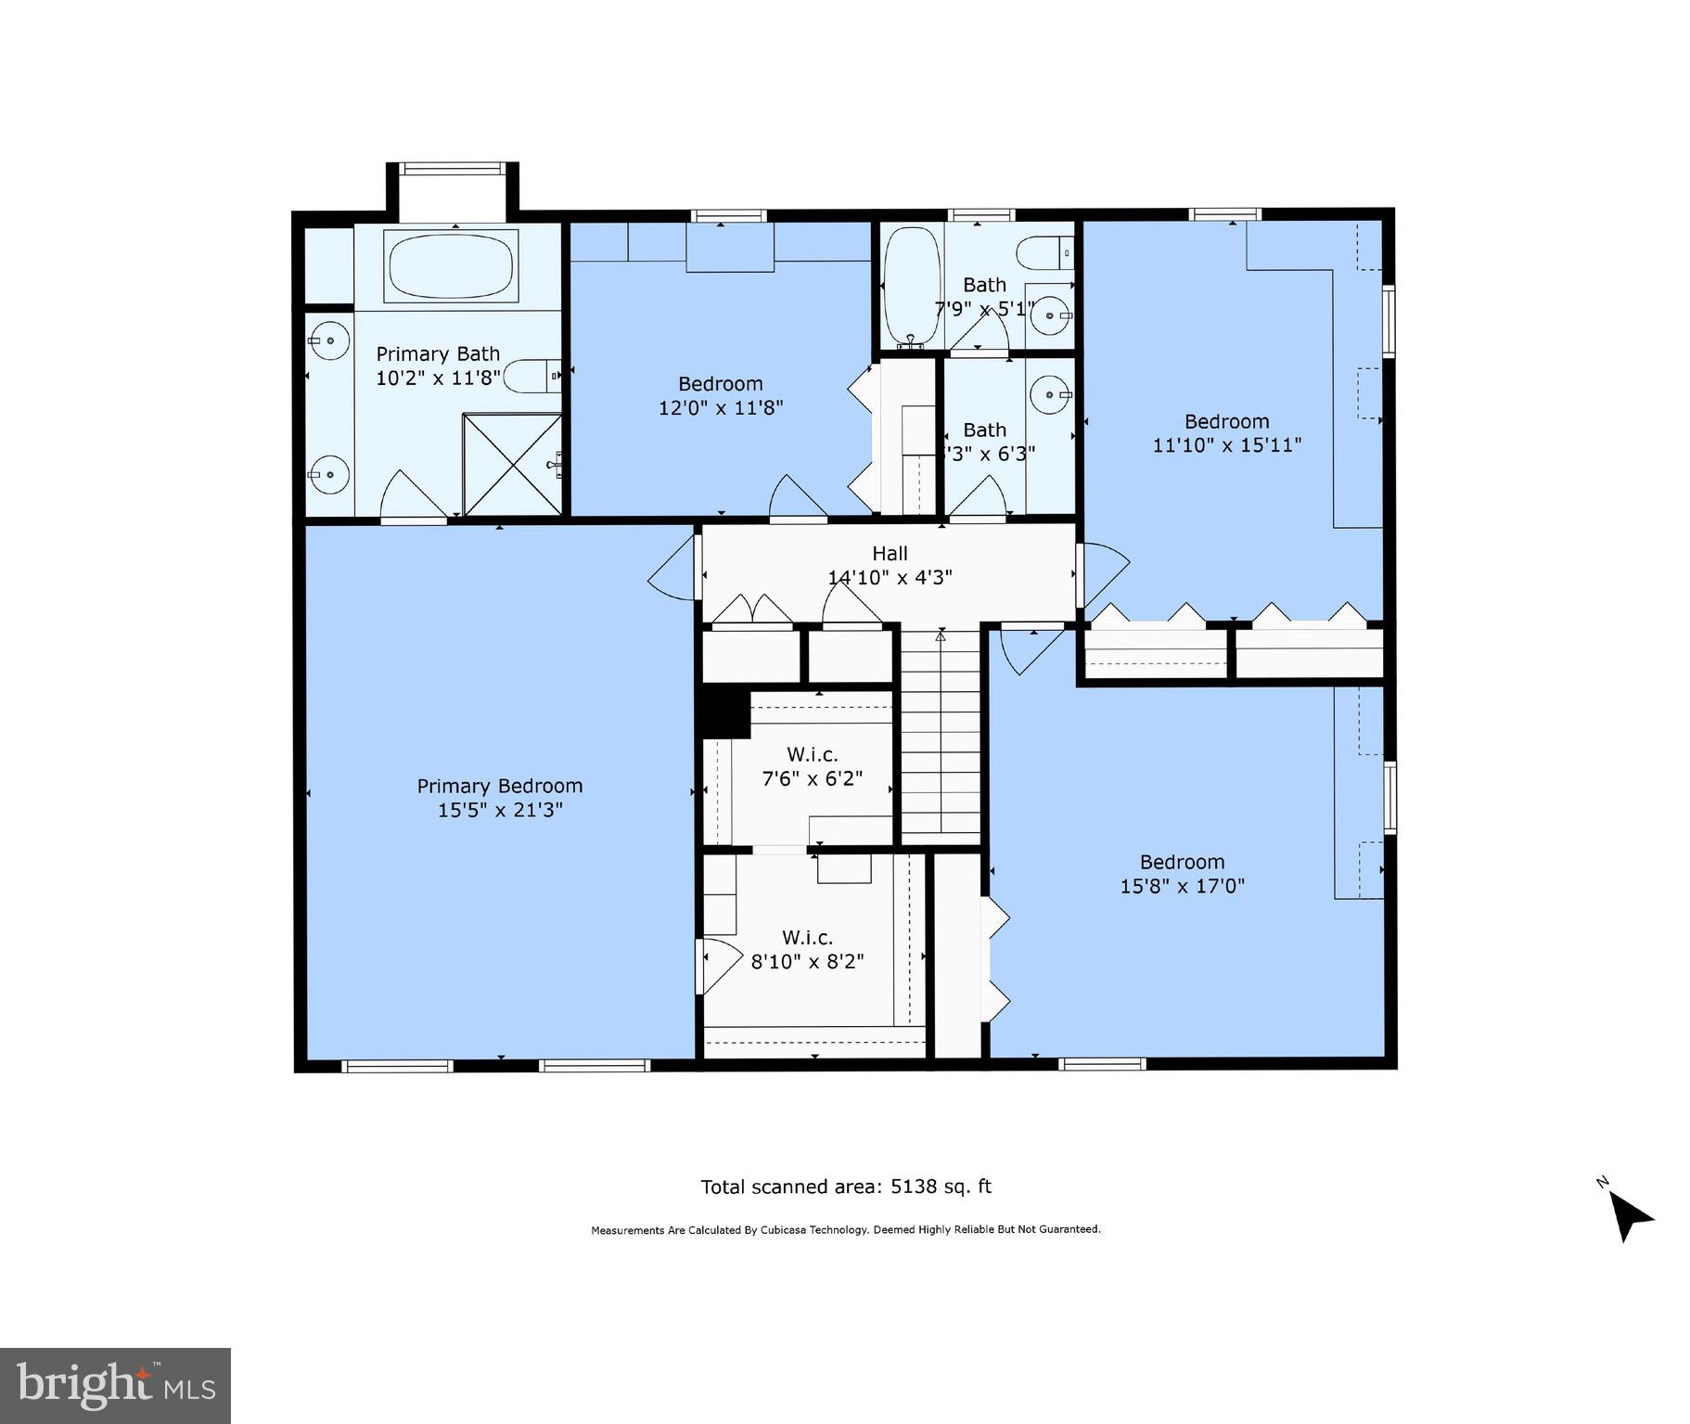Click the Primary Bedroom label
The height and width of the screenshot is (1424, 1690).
click(x=499, y=786)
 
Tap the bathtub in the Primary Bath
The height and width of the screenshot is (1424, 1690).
click(x=451, y=265)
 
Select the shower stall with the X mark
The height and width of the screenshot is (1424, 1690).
click(x=512, y=464)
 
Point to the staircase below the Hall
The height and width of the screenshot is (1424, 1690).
click(x=941, y=733)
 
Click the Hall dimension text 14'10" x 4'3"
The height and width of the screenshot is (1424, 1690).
click(x=890, y=577)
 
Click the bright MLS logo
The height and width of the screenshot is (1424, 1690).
click(x=115, y=1386)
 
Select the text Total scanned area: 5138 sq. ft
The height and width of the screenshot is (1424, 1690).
click(x=845, y=1187)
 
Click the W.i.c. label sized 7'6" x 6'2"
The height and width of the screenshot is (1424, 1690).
click(x=812, y=755)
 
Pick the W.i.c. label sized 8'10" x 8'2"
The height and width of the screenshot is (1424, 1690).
click(x=807, y=938)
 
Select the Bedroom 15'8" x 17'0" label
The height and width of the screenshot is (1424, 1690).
click(x=1182, y=862)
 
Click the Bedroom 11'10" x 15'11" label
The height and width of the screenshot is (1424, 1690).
click(x=1226, y=421)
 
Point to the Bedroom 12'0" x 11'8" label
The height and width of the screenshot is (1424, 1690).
click(x=720, y=384)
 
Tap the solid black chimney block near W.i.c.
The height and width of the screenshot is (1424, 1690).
click(x=724, y=714)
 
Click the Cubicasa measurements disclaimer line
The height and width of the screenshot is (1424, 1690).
click(x=845, y=1229)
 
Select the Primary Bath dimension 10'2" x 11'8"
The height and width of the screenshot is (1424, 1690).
click(x=438, y=378)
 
